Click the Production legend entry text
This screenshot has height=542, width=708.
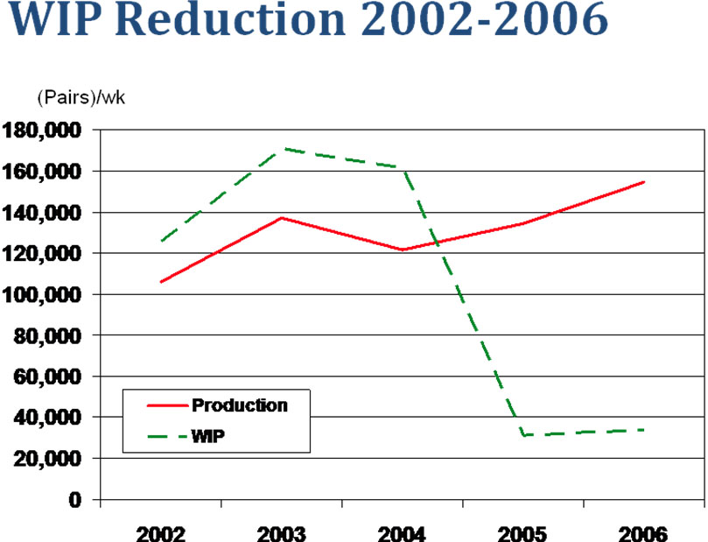pyautogui.click(x=239, y=405)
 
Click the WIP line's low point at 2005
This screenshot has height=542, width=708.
pyautogui.click(x=523, y=435)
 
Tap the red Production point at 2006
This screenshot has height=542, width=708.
pyautogui.click(x=643, y=182)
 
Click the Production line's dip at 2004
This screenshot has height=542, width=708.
pyautogui.click(x=403, y=250)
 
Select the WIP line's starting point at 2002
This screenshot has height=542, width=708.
pyautogui.click(x=161, y=241)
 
